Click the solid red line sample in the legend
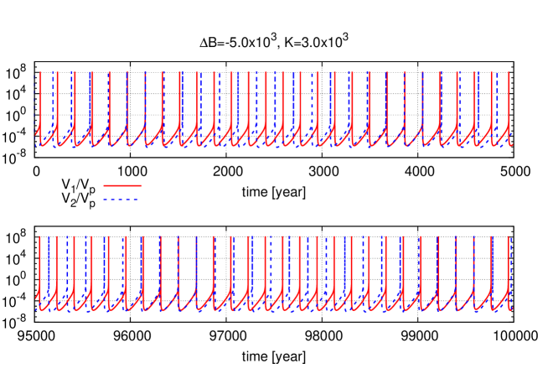pos(122,185)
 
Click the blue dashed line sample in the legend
pos(122,200)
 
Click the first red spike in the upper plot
pos(39,101)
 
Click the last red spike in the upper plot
pos(509,101)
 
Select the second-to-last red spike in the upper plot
pos(491,101)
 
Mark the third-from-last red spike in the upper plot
pos(474,101)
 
